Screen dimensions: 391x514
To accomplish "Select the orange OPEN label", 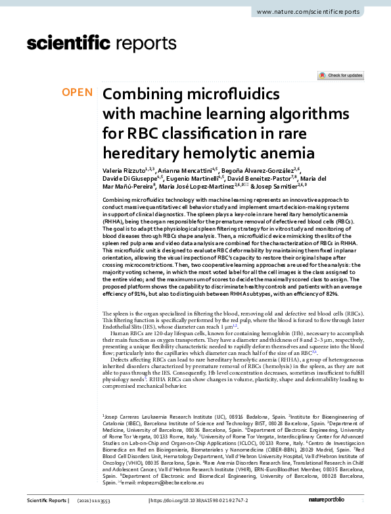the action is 77,93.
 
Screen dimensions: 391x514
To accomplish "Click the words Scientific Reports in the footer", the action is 48,501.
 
